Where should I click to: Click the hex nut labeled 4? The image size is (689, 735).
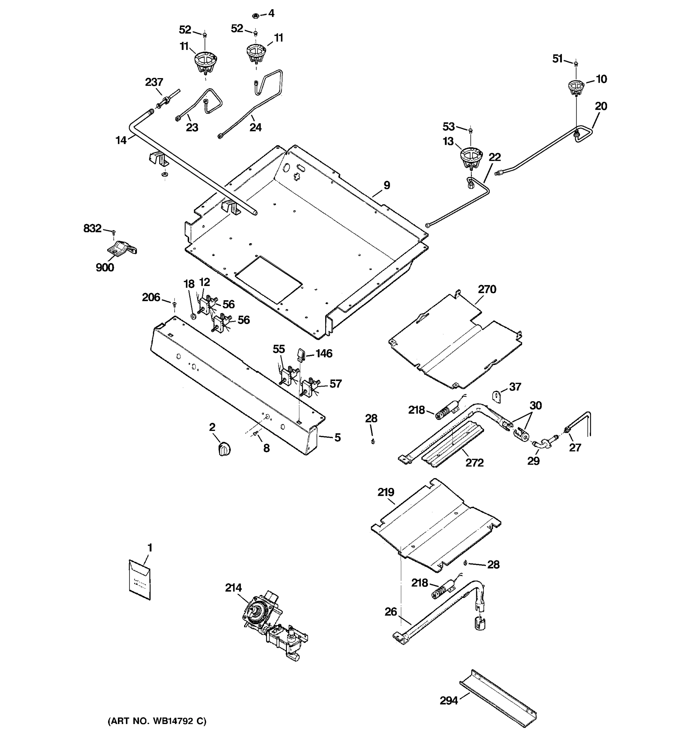pyautogui.click(x=255, y=16)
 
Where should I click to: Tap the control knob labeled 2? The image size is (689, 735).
pyautogui.click(x=224, y=449)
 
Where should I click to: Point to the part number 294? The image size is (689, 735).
pyautogui.click(x=449, y=700)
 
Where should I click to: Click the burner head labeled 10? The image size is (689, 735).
pyautogui.click(x=576, y=87)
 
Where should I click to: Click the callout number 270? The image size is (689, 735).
pyautogui.click(x=487, y=289)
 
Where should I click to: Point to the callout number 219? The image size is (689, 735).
pyautogui.click(x=386, y=492)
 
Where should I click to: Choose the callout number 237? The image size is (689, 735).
pyautogui.click(x=154, y=82)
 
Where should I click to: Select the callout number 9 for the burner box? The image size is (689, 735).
pyautogui.click(x=387, y=185)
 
